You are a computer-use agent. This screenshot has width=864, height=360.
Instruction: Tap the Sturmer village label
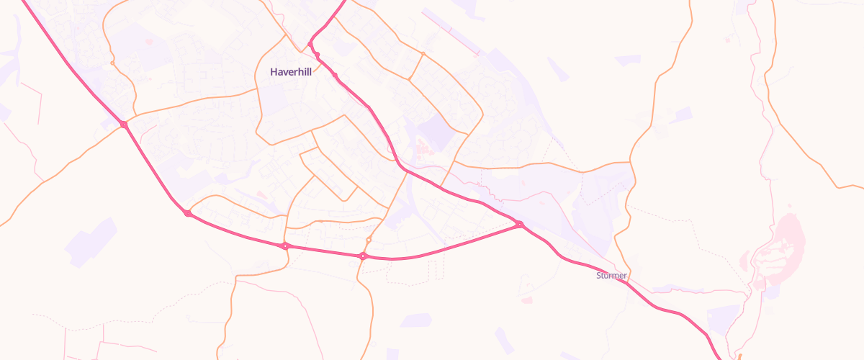tap(612, 276)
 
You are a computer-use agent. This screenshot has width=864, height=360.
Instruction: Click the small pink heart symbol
tap(149, 42)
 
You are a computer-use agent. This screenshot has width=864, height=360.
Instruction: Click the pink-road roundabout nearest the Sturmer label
tap(519, 225)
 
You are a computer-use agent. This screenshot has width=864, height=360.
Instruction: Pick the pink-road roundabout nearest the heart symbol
tap(124, 125)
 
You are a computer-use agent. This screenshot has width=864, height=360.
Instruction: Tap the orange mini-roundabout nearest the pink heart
tap(113, 63)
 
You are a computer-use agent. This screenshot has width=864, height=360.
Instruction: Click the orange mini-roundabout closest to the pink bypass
tap(369, 239)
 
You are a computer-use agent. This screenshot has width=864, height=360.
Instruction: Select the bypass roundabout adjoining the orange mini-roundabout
tap(363, 256)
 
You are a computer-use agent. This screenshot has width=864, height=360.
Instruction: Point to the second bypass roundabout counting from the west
tap(188, 213)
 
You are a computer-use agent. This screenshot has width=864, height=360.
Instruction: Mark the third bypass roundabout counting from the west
tap(286, 246)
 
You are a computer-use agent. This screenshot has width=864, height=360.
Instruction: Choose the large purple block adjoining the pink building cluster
tap(432, 133)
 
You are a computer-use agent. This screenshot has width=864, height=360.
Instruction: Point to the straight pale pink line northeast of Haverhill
tap(451, 32)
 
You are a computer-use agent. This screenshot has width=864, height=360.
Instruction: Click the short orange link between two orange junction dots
tap(416, 67)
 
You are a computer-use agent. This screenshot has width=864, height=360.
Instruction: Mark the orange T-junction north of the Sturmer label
tap(631, 162)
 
